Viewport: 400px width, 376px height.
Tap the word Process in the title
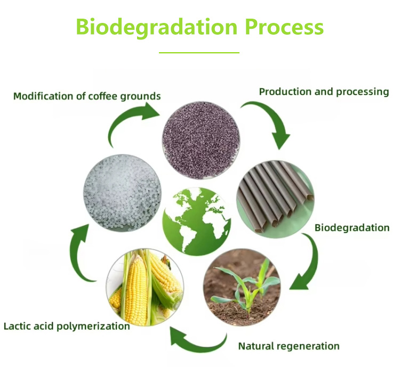click(x=284, y=27)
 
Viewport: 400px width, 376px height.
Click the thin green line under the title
click(x=199, y=53)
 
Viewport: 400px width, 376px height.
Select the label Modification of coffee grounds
click(x=87, y=97)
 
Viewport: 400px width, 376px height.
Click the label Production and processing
click(x=324, y=92)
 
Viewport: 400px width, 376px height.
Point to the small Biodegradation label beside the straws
click(x=352, y=228)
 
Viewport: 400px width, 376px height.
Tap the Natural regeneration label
click(x=289, y=347)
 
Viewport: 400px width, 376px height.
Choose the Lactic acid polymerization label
click(x=67, y=326)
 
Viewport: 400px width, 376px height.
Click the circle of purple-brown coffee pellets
click(x=201, y=140)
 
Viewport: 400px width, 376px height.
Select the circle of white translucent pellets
click(x=123, y=193)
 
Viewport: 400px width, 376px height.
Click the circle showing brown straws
click(x=276, y=199)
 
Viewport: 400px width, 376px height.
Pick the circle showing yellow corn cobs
click(x=145, y=287)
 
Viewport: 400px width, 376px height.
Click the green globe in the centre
click(x=197, y=221)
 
